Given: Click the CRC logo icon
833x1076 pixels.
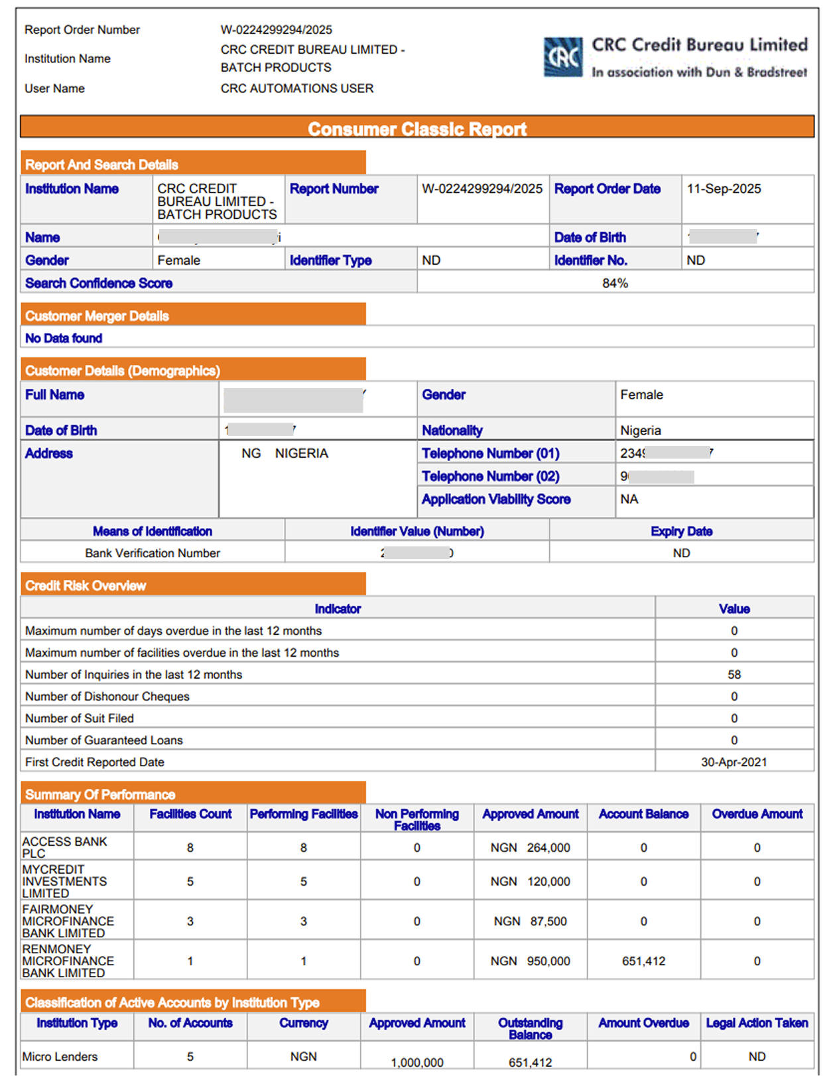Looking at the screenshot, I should (x=563, y=57).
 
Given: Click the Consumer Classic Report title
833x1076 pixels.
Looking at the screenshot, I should (x=417, y=129).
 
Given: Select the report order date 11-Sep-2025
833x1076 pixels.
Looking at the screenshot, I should (x=724, y=189).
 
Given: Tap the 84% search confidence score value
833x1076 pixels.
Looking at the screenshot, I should (x=615, y=283).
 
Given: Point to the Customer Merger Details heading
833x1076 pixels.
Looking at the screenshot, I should (x=97, y=316).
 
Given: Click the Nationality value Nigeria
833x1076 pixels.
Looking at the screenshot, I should (x=641, y=431).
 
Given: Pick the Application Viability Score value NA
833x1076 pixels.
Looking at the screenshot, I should (x=629, y=499).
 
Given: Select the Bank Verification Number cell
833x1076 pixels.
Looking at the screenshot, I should (x=153, y=553).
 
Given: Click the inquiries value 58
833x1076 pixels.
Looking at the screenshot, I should (x=734, y=675).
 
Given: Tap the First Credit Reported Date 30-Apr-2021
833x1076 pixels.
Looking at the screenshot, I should (x=734, y=762).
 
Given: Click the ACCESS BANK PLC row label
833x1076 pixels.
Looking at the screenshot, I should (x=64, y=847).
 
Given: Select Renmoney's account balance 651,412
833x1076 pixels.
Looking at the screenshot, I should (x=643, y=961).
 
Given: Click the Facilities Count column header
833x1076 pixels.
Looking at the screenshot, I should (x=190, y=814).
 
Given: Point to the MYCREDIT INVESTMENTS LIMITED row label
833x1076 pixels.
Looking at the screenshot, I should (x=64, y=881).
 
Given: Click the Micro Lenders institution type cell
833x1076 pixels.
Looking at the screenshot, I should (x=60, y=1057).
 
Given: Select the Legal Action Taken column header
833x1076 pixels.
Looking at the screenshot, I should (x=757, y=1023).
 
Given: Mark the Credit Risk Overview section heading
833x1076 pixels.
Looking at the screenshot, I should (x=86, y=586).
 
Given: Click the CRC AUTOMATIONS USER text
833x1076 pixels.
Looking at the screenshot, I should (x=297, y=88).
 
